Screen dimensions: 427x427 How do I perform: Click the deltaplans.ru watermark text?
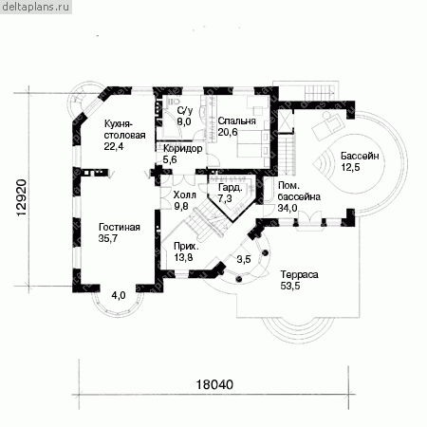pos(35,7)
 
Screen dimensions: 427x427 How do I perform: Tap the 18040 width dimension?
pos(214,384)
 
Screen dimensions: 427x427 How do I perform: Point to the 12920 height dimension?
pos(21,198)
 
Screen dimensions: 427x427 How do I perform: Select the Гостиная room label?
pos(120,227)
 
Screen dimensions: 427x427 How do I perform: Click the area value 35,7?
pos(108,238)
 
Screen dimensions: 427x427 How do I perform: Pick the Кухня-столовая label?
pos(124,129)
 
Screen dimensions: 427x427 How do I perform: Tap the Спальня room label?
pos(236,121)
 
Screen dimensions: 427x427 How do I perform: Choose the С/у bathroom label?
pos(185,111)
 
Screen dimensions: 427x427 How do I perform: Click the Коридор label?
pos(183,148)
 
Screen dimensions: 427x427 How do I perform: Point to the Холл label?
pos(184,195)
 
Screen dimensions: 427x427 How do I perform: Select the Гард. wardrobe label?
pos(231,188)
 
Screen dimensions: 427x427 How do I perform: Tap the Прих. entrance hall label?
pos(187,246)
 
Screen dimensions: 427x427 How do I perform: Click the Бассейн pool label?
pos(360,156)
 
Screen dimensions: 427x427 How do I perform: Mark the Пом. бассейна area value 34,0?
pos(288,208)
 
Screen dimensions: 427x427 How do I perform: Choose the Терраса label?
pos(299,274)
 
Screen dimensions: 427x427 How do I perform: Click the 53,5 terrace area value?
pos(290,286)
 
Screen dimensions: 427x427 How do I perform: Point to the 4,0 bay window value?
pos(119,295)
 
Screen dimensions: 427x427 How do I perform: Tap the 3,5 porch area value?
pos(244,259)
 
